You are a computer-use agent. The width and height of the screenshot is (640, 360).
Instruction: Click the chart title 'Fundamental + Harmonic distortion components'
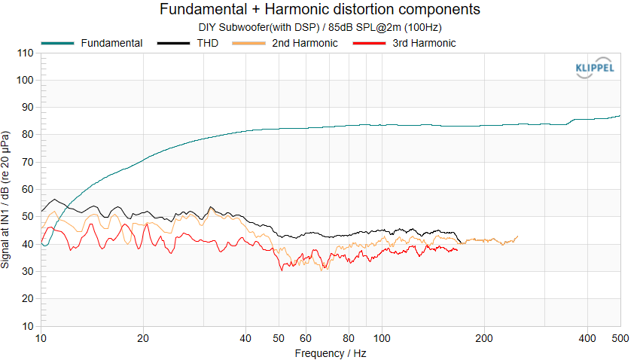(320, 10)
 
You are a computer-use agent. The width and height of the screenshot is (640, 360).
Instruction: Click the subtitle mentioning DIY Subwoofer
(320, 27)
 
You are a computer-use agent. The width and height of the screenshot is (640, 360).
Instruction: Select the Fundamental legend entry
(111, 43)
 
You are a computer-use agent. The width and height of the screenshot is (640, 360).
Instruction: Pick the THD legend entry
(209, 43)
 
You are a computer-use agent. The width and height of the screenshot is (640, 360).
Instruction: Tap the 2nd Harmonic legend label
(304, 43)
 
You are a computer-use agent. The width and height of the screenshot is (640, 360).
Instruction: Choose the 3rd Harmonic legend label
(424, 43)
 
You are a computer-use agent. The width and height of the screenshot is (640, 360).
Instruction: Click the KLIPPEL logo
(594, 69)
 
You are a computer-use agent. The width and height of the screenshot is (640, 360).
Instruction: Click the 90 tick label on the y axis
(28, 108)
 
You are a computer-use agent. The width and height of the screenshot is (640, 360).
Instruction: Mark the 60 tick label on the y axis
(28, 190)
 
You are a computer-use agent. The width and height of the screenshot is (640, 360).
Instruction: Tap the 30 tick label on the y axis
(28, 272)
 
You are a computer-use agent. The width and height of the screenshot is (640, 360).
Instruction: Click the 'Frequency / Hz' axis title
(331, 352)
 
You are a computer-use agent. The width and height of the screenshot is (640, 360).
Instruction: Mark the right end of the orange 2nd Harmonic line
(517, 236)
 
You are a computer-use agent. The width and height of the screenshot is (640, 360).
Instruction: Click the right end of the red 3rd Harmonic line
(457, 249)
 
